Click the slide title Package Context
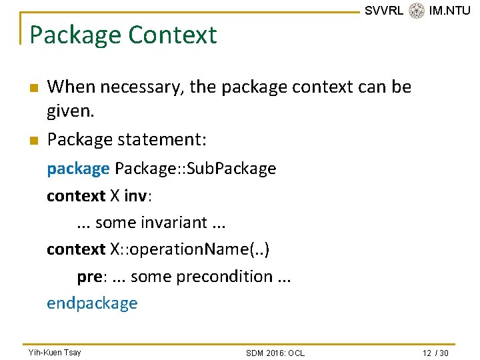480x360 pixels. tap(123, 35)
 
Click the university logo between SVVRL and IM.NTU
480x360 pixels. tap(417, 11)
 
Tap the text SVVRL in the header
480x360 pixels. tap(384, 11)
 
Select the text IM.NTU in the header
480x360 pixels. tap(450, 11)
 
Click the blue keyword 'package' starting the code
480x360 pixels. tap(78, 169)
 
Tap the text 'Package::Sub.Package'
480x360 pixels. tap(195, 169)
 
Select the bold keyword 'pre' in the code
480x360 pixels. tap(89, 276)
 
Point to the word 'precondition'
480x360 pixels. tap(223, 276)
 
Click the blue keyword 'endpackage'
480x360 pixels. tap(92, 303)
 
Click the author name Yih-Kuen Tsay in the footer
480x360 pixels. tap(55, 352)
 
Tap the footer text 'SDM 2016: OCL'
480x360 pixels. tap(275, 353)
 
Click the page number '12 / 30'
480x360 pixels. tap(436, 353)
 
